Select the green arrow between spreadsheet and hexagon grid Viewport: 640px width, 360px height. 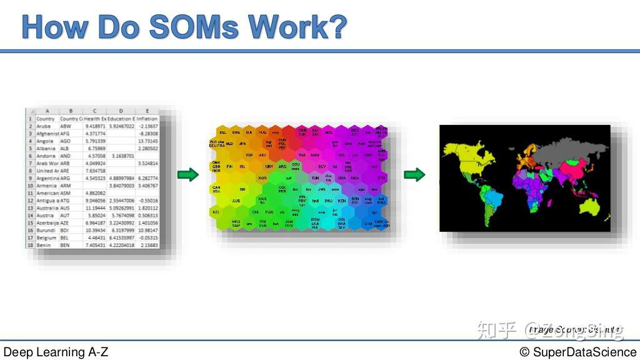[188, 175]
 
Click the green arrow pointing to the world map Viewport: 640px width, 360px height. [414, 175]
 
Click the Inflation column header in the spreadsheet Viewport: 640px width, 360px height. [147, 118]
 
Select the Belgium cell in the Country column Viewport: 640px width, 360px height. [47, 238]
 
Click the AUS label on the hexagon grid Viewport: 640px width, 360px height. [236, 201]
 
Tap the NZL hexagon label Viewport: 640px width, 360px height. [216, 212]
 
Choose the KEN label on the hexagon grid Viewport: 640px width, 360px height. [341, 201]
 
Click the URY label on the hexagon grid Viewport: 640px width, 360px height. [269, 167]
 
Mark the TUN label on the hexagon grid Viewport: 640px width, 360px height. [315, 178]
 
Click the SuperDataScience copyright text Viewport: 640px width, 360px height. [577, 352]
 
